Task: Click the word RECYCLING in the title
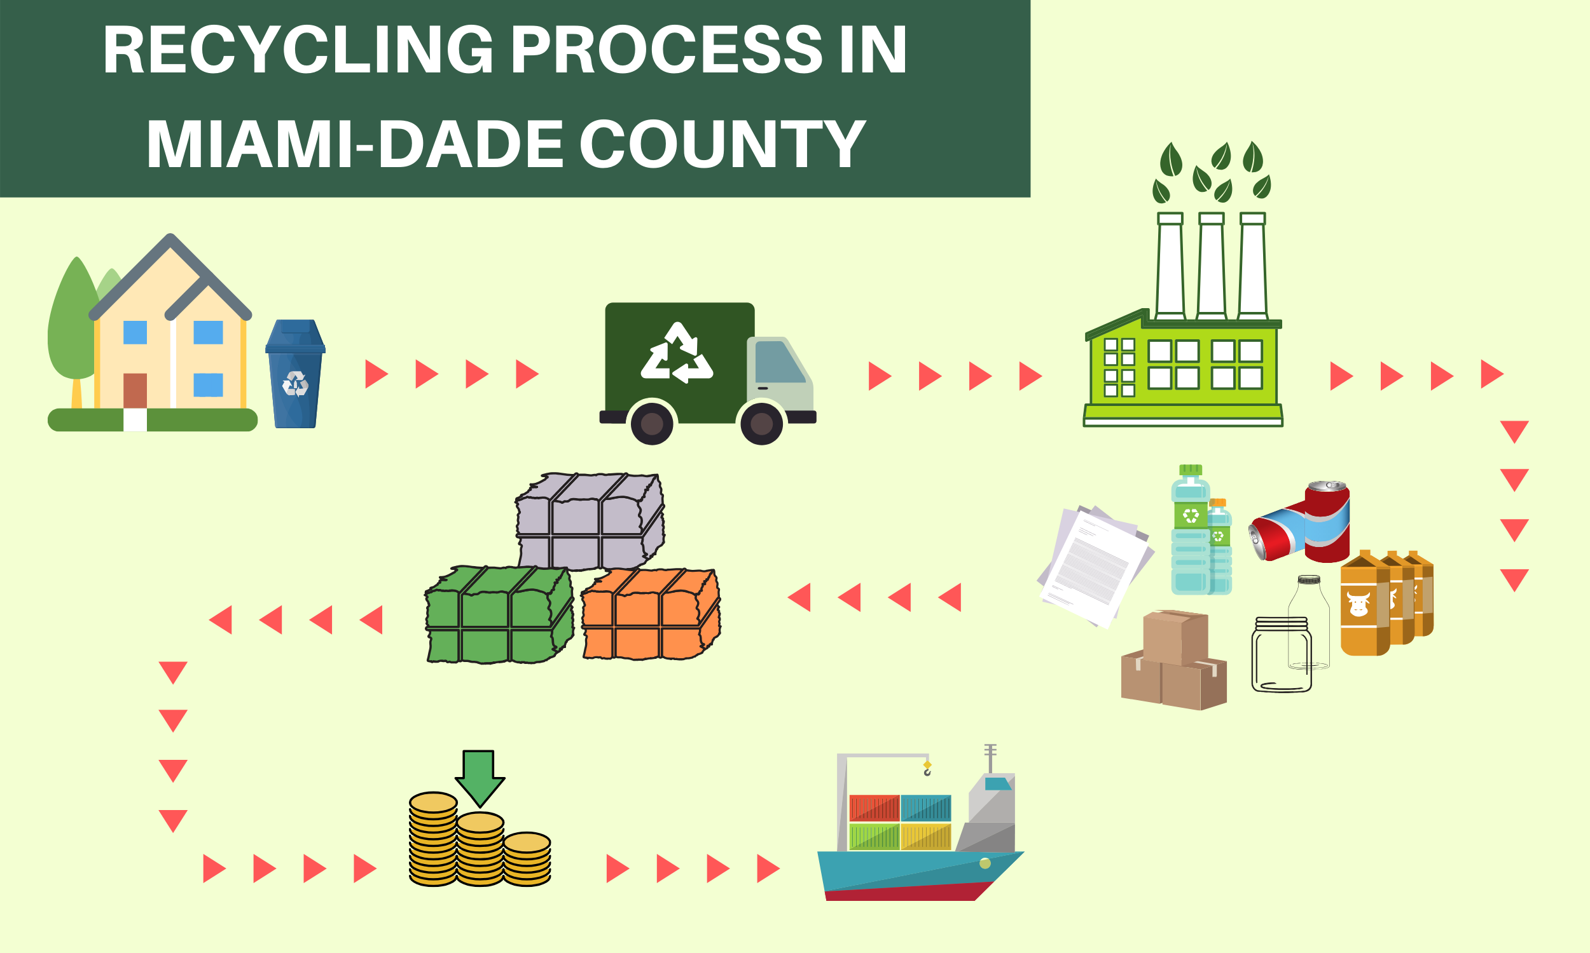point(299,50)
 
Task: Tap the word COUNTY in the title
point(722,144)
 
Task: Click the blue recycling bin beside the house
point(296,374)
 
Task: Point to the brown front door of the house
point(135,391)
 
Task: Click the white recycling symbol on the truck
point(677,353)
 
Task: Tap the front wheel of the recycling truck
point(761,423)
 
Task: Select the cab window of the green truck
point(780,362)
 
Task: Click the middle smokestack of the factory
point(1212,266)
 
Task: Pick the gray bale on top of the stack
point(590,522)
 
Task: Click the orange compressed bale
point(651,614)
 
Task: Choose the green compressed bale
point(499,614)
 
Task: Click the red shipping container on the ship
point(874,808)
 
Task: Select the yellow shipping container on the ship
point(925,837)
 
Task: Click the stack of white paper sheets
point(1095,565)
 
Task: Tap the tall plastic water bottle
point(1190,530)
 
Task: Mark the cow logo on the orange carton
point(1358,604)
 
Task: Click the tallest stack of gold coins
point(433,839)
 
